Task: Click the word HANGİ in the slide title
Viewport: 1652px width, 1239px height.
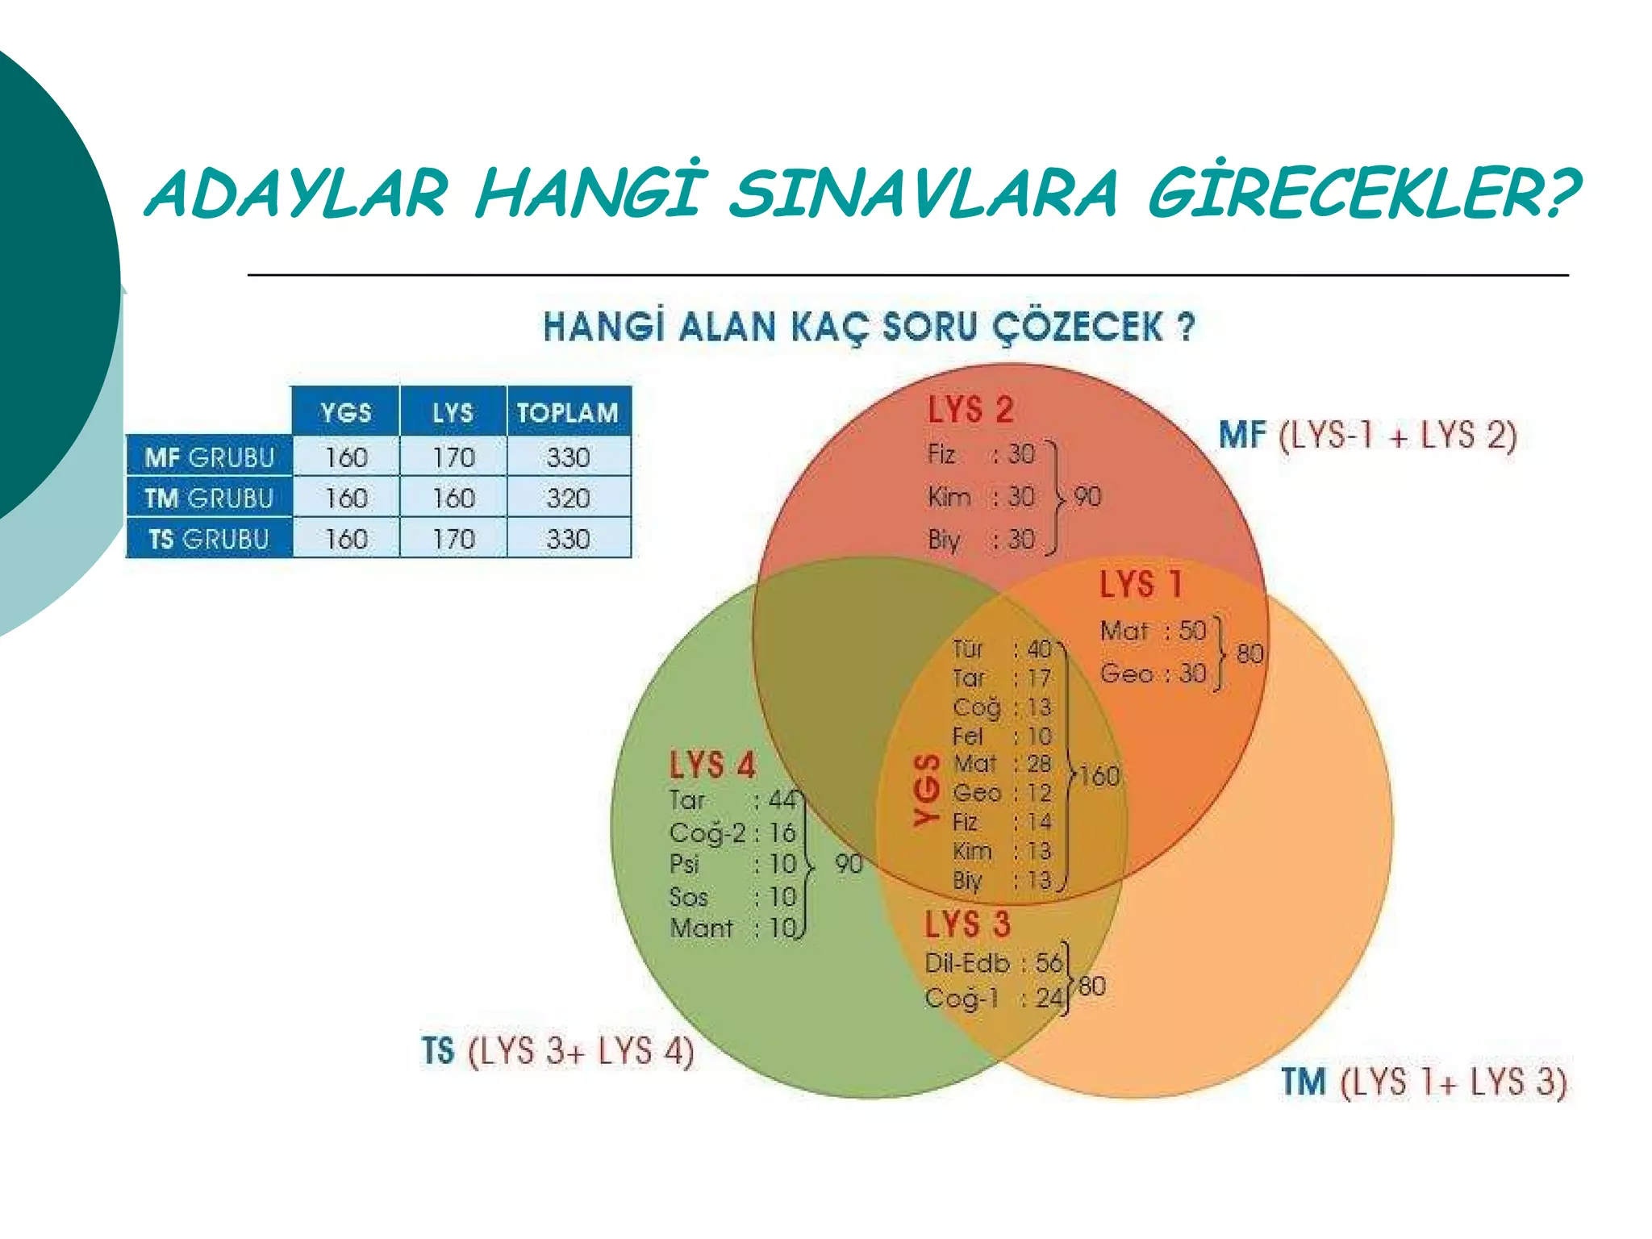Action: pos(587,194)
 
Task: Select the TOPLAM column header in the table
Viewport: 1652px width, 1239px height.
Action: pos(568,413)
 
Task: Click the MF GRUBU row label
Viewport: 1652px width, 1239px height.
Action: pos(210,458)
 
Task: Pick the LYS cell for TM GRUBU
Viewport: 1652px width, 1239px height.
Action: pos(453,499)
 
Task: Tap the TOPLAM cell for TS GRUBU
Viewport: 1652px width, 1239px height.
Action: pos(568,539)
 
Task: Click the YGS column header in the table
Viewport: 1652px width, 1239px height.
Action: pos(346,413)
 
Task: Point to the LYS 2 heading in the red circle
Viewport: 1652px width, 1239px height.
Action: pos(970,410)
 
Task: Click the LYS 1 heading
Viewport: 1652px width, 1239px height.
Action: pos(1141,584)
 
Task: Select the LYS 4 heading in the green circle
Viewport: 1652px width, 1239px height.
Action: pos(712,765)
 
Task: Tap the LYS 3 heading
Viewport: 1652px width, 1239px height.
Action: pos(967,924)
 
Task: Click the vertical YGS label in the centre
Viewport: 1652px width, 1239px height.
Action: pos(928,791)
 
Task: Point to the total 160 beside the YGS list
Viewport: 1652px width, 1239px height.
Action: pos(1099,776)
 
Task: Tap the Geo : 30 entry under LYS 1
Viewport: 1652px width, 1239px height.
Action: pos(1153,673)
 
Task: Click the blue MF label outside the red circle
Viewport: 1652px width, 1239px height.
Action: pos(1241,436)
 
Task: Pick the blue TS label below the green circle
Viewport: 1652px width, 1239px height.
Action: pos(438,1051)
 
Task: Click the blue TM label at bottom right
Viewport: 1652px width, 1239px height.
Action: pos(1304,1082)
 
